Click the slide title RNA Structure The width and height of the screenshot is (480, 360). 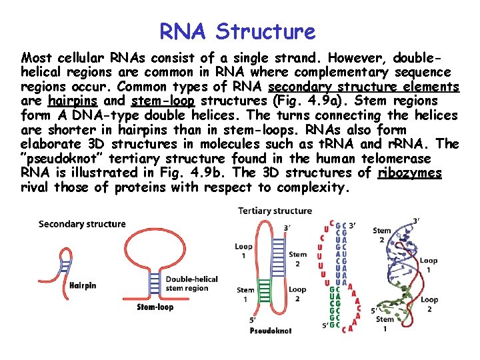[x=237, y=31]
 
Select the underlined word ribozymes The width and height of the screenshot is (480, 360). [x=409, y=173]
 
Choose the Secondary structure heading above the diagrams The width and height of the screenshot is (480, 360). [x=81, y=224]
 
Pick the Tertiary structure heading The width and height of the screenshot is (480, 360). [x=275, y=211]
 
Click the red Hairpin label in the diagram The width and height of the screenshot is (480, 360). [x=83, y=285]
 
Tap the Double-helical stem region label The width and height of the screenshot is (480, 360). [x=191, y=283]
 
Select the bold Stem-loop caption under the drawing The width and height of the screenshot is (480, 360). [x=155, y=307]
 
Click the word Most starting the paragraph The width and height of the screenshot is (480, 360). [x=35, y=58]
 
